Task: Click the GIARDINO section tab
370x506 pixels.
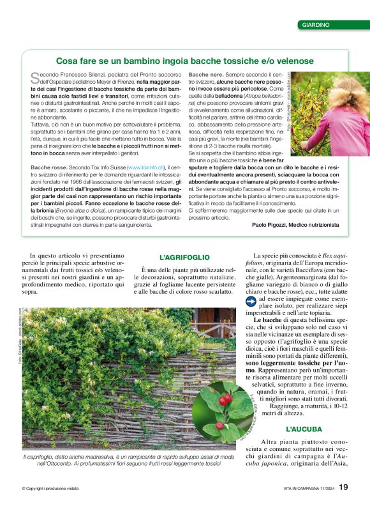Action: click(315, 25)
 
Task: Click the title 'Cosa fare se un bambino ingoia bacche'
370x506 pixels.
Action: click(185, 61)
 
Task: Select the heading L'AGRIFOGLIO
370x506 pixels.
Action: click(184, 257)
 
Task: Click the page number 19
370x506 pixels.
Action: click(343, 487)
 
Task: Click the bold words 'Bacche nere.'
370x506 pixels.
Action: click(205, 75)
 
